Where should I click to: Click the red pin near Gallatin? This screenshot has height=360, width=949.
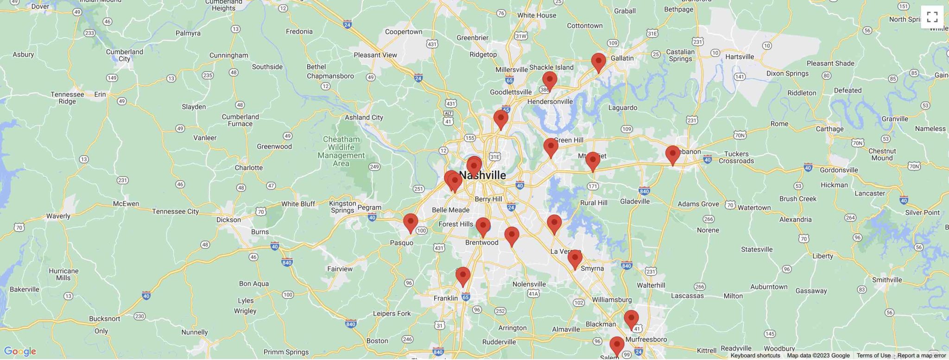click(x=598, y=62)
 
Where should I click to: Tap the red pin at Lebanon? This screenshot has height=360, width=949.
click(x=672, y=154)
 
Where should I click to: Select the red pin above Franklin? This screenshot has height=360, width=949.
click(x=462, y=276)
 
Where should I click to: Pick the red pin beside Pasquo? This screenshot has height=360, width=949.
click(x=410, y=222)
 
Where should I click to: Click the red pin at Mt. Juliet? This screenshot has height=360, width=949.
click(x=592, y=161)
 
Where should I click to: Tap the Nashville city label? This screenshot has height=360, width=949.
click(x=483, y=175)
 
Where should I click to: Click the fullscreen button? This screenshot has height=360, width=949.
click(x=932, y=17)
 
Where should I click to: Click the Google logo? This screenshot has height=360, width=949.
click(x=19, y=351)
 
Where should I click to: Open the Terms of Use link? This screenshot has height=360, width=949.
click(x=873, y=355)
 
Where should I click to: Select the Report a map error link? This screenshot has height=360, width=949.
click(x=921, y=355)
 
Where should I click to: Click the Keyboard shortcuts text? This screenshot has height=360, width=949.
click(x=755, y=355)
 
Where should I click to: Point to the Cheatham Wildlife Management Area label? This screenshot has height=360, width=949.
click(x=341, y=151)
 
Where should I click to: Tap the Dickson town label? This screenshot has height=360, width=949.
click(x=228, y=220)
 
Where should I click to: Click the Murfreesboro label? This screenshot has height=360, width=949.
click(x=646, y=339)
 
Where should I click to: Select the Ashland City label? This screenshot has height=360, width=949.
click(x=364, y=117)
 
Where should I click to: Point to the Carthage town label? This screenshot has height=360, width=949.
click(x=829, y=129)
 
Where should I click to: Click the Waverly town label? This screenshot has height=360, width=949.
click(x=58, y=216)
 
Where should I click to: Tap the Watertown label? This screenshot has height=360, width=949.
click(x=754, y=208)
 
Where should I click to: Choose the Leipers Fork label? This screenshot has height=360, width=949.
click(x=392, y=313)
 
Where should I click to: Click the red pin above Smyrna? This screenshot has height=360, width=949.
click(x=575, y=259)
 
